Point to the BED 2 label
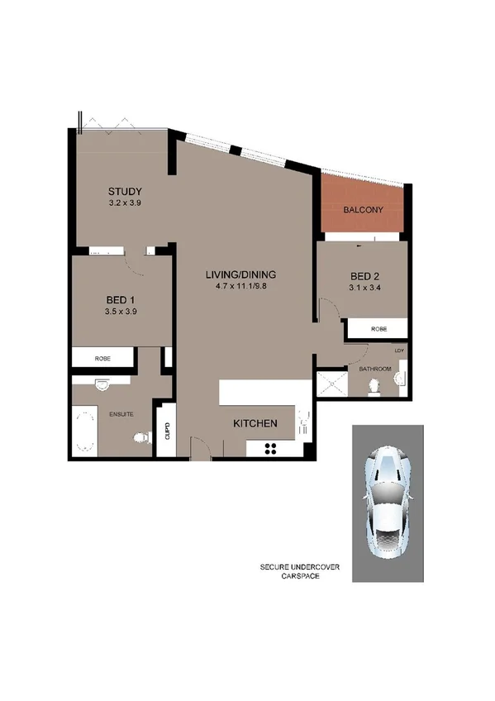(364, 276)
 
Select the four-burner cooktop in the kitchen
(269, 449)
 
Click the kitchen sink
(303, 426)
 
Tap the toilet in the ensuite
(144, 438)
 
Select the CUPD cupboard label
(167, 430)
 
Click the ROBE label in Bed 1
(102, 358)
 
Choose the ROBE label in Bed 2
(378, 329)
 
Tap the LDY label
(401, 350)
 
